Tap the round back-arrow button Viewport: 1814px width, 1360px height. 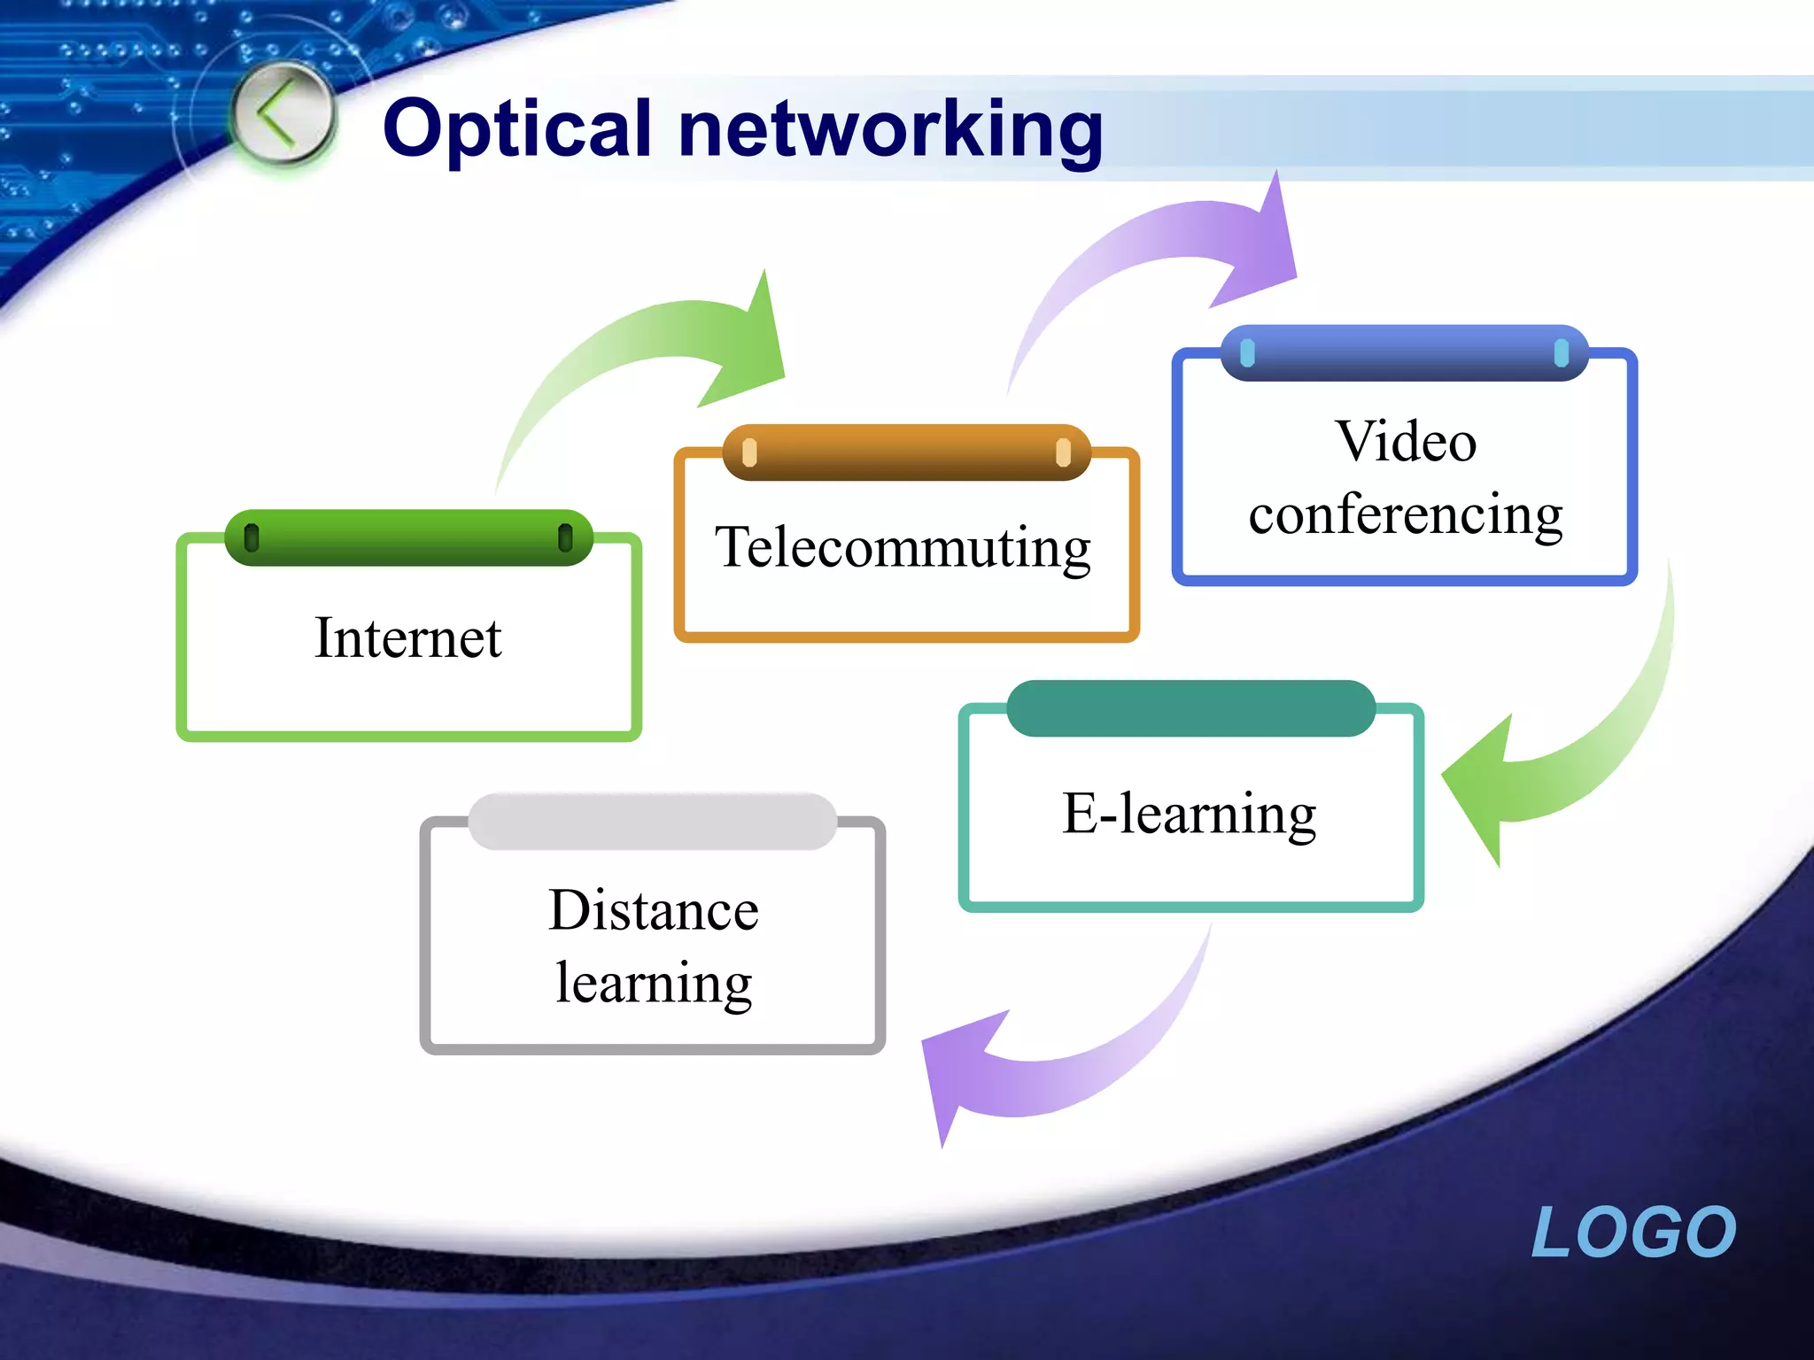pyautogui.click(x=283, y=114)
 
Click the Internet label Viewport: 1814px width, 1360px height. pyautogui.click(x=408, y=637)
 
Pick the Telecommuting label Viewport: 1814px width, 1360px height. pyautogui.click(x=903, y=547)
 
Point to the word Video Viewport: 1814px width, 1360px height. pyautogui.click(x=1406, y=441)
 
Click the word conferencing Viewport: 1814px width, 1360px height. pyautogui.click(x=1406, y=514)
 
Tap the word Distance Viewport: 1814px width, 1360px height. pyautogui.click(x=654, y=910)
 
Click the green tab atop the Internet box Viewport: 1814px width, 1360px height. pyautogui.click(x=408, y=537)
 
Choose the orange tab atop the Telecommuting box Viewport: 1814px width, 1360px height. pyautogui.click(x=906, y=452)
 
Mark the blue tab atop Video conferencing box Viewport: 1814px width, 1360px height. pyautogui.click(x=1404, y=353)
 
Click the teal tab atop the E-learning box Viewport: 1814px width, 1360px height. pyautogui.click(x=1190, y=708)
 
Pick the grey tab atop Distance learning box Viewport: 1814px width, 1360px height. pyautogui.click(x=653, y=822)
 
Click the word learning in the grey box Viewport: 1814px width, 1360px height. pyautogui.click(x=654, y=983)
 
